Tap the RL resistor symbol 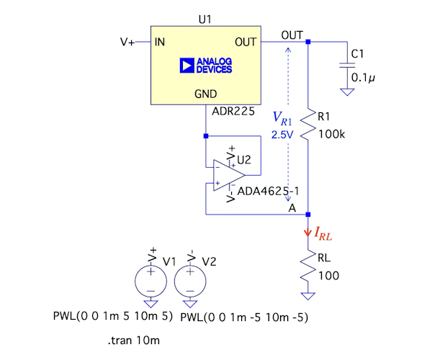(307, 266)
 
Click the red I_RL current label (323, 233)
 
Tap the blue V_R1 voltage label (282, 118)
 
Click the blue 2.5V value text (282, 135)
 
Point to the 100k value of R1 (333, 135)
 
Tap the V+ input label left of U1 (127, 42)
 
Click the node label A (292, 207)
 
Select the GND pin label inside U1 (206, 94)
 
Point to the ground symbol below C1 (347, 91)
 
